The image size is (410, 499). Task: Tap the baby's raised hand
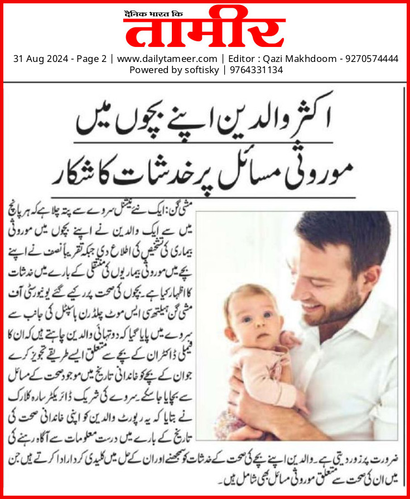click(x=291, y=339)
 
